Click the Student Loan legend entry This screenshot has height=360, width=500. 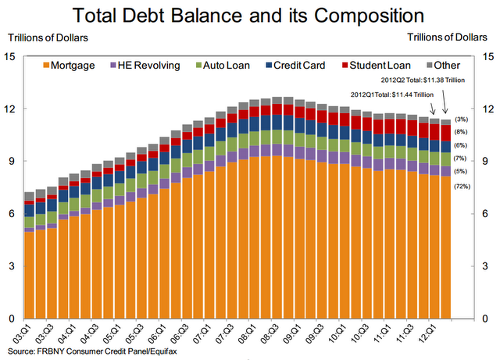pos(381,66)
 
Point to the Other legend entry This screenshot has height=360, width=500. pos(448,66)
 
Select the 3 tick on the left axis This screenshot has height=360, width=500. pos(10,266)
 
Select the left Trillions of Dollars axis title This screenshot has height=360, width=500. pos(48,36)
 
